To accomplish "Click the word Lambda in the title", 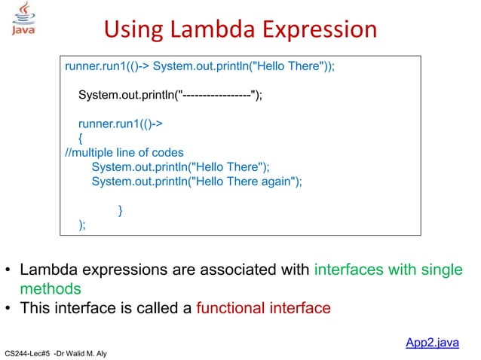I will (212, 29).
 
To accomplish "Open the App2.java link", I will (432, 343).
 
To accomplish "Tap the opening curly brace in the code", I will (81, 138).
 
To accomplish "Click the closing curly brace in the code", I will (121, 210).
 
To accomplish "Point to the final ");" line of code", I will (82, 224).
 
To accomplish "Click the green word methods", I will (50, 288).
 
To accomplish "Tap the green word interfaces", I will (348, 270).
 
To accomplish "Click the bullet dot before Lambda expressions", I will (8, 270).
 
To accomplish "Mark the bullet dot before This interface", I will (8, 309).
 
